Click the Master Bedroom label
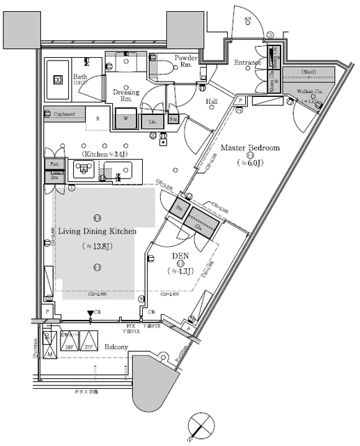250,148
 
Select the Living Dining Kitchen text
97,231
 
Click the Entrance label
247,63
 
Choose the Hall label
212,102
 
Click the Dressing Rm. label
125,95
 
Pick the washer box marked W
125,118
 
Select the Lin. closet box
152,121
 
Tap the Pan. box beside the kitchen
54,164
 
